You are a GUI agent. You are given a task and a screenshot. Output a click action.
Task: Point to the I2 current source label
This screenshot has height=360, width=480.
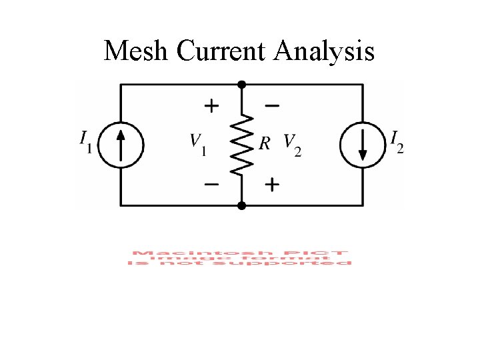397,142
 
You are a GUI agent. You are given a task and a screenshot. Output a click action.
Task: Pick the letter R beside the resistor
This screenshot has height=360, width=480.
264,143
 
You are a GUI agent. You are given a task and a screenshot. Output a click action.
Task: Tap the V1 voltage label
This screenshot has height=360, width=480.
197,143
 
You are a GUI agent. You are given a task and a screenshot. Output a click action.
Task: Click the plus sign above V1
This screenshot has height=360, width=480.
211,105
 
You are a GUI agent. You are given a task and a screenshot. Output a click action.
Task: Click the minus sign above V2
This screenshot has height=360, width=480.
272,105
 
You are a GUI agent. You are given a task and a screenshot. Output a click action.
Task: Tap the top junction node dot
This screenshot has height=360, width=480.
242,84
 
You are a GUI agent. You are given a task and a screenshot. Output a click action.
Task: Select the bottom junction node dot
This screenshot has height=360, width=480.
242,206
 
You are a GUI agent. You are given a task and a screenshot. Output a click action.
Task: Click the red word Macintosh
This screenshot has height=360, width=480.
175,253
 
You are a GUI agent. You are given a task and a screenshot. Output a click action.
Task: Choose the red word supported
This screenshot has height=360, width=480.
307,263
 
